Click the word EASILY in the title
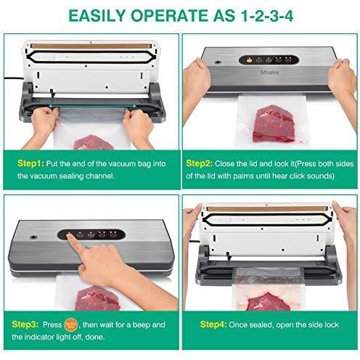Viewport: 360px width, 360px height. (x=97, y=16)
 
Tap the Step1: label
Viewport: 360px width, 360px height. (x=30, y=163)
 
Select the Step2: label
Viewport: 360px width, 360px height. (x=200, y=163)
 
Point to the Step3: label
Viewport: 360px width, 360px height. (x=25, y=324)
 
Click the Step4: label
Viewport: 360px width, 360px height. (x=213, y=324)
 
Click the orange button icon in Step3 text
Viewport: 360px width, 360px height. (x=71, y=324)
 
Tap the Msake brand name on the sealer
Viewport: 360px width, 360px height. (x=269, y=72)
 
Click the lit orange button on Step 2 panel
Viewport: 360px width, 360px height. (x=249, y=60)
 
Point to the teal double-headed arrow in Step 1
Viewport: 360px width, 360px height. (x=92, y=106)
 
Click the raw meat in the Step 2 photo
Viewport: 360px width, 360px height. (x=274, y=123)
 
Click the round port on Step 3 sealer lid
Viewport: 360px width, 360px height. (x=33, y=237)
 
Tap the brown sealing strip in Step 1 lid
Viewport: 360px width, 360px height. (x=91, y=46)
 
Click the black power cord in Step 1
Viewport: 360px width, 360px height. (x=13, y=79)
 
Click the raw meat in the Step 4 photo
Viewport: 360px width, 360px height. (x=268, y=302)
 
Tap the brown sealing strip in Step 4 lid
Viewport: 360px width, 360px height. (x=267, y=209)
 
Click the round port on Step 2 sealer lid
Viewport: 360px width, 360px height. (x=218, y=62)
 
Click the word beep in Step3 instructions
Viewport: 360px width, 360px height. (x=141, y=325)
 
